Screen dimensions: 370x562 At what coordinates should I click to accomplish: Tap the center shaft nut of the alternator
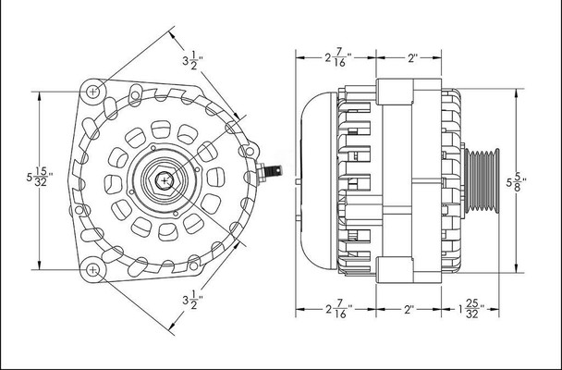click(x=164, y=179)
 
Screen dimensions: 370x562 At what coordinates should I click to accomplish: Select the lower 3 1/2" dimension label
click(x=190, y=302)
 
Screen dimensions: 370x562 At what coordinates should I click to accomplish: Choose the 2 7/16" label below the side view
click(x=337, y=310)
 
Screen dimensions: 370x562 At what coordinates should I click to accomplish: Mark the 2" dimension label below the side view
click(x=412, y=310)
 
